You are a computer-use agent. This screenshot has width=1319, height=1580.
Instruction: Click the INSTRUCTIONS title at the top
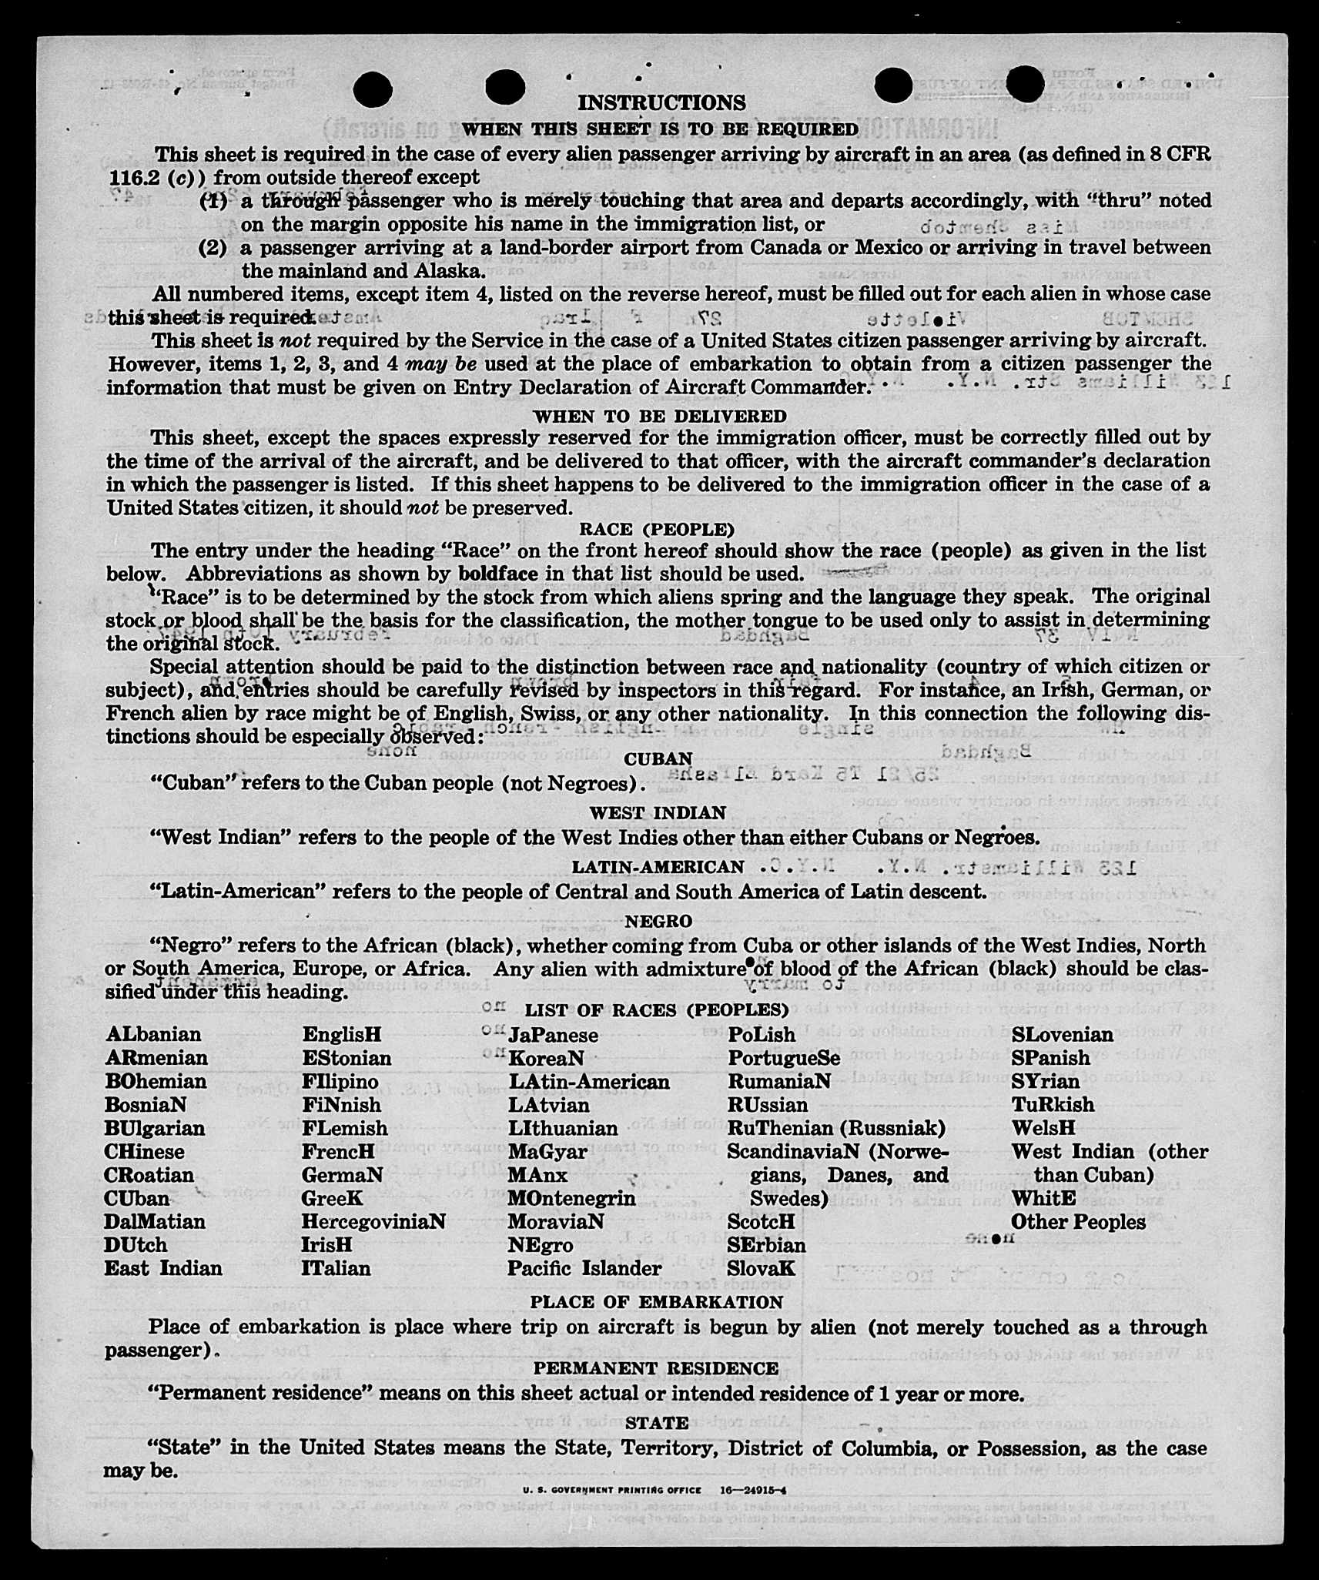(x=661, y=102)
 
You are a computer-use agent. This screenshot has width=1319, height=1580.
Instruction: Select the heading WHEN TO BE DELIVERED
(x=660, y=417)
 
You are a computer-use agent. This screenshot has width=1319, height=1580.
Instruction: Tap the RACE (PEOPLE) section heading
(x=657, y=530)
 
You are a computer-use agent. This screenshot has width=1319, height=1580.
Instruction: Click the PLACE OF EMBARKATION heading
(x=656, y=1302)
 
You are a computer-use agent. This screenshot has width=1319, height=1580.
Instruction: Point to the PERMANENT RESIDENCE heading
(x=656, y=1368)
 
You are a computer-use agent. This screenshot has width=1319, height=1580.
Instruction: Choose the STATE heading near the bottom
(x=657, y=1423)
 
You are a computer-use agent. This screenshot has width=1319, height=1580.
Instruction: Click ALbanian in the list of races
(x=153, y=1034)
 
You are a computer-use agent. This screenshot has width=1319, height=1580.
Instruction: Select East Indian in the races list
(x=163, y=1268)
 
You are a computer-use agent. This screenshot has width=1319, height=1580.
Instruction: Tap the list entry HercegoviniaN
(x=373, y=1222)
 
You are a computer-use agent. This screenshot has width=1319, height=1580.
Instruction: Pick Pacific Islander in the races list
(x=584, y=1268)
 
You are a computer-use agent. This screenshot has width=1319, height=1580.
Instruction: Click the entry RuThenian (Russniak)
(x=836, y=1128)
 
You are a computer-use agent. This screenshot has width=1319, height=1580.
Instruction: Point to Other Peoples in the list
(x=1078, y=1222)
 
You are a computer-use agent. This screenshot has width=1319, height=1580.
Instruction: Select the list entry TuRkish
(x=1053, y=1105)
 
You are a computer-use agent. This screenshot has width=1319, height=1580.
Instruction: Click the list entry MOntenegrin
(x=571, y=1199)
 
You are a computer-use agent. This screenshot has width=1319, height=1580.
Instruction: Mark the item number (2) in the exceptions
(x=213, y=248)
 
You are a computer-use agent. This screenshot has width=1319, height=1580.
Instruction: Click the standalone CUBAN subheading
(x=658, y=759)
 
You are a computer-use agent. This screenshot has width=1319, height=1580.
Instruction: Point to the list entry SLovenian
(x=1062, y=1035)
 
